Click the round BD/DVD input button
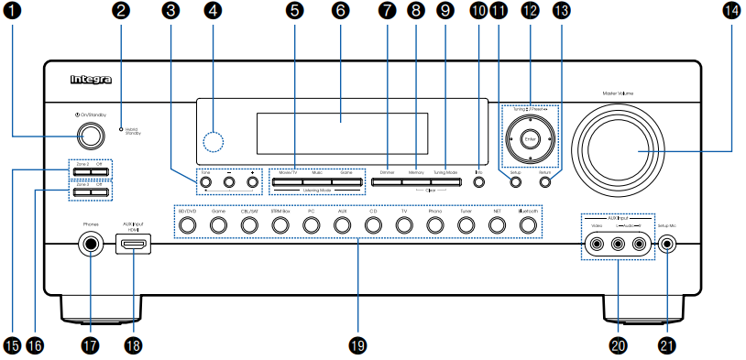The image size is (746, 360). coord(187,224)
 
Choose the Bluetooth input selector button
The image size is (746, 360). coord(528,224)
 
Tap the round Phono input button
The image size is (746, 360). coord(434,224)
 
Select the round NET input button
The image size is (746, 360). coord(497,224)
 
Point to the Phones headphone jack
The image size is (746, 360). coord(90,245)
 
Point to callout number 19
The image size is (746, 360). coord(357,345)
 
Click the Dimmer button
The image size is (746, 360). coord(386,182)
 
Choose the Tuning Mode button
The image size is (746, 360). coord(445,182)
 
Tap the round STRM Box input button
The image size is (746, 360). coord(280,224)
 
